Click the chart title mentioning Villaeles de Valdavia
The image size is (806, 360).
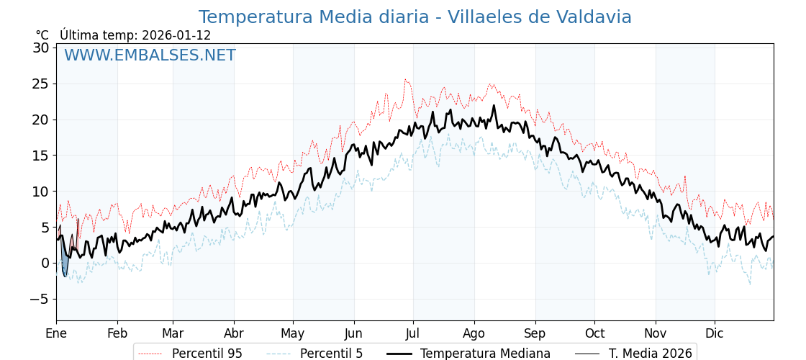pyautogui.click(x=415, y=17)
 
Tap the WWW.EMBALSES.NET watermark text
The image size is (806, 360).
pyautogui.click(x=150, y=55)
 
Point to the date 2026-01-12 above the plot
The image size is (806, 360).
pyautogui.click(x=176, y=35)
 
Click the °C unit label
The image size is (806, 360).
pyautogui.click(x=42, y=35)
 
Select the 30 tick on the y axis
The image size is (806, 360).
pyautogui.click(x=40, y=48)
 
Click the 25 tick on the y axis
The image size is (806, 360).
pyautogui.click(x=40, y=84)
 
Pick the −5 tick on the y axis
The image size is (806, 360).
pyautogui.click(x=40, y=299)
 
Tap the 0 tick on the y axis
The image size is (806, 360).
pyautogui.click(x=45, y=263)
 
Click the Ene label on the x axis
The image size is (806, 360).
pyautogui.click(x=56, y=333)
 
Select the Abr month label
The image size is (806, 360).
pyautogui.click(x=234, y=333)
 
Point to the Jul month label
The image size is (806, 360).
pyautogui.click(x=413, y=333)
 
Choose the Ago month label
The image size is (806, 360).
pyautogui.click(x=474, y=333)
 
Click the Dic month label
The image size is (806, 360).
pyautogui.click(x=715, y=333)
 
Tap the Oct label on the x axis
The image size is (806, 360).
pyautogui.click(x=594, y=333)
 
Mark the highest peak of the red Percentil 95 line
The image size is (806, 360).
pyautogui.click(x=405, y=80)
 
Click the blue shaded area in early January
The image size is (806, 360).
pyautogui.click(x=65, y=264)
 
